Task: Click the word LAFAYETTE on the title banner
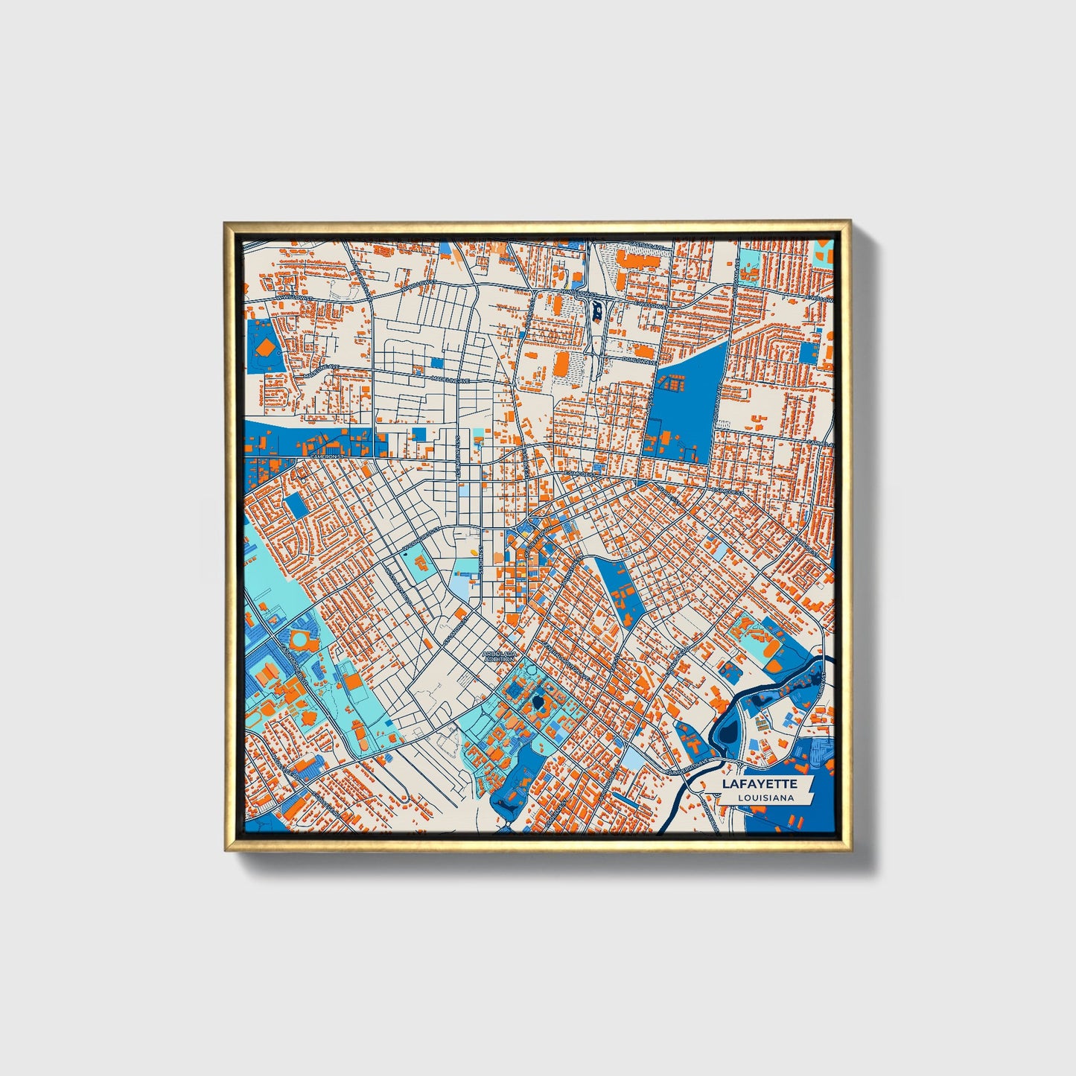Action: tap(760, 783)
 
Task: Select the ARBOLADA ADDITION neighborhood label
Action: tap(499, 656)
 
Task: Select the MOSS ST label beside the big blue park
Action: tap(718, 402)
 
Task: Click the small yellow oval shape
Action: tap(474, 553)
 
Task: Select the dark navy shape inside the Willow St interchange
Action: tap(597, 308)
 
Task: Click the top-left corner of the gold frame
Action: tap(225, 222)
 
